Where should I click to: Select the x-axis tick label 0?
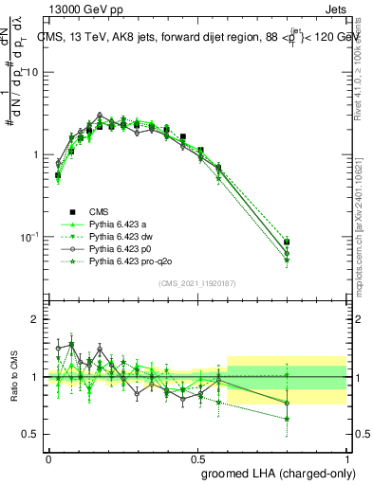(x=48, y=457)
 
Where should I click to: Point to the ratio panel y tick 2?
(x=35, y=320)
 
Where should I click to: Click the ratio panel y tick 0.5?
(x=30, y=434)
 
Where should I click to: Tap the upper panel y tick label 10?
(x=31, y=73)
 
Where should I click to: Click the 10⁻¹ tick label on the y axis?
(x=28, y=236)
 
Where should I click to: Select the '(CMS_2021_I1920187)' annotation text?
(x=197, y=283)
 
